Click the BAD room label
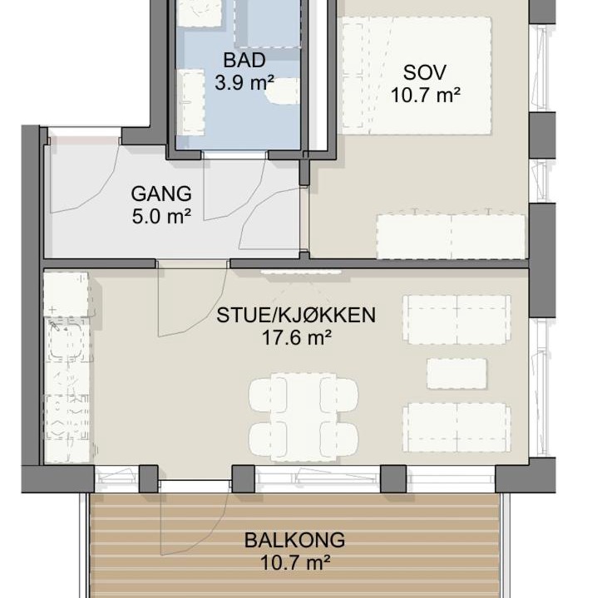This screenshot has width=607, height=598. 244,61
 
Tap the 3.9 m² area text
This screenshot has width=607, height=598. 244,83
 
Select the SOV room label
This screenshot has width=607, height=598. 425,72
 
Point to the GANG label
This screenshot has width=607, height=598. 161,194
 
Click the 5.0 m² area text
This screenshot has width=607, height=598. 161,217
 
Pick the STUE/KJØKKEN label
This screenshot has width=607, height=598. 296,315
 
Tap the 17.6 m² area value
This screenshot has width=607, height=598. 297,338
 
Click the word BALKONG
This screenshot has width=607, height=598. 294,540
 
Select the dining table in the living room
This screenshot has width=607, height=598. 303,417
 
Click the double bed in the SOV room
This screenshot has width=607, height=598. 417,76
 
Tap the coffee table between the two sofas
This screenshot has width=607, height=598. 456,374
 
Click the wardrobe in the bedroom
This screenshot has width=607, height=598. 451,236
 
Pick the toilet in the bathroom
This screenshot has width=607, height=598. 283,91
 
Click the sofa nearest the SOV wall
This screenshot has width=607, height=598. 456,320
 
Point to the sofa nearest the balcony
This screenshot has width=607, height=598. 456,428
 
